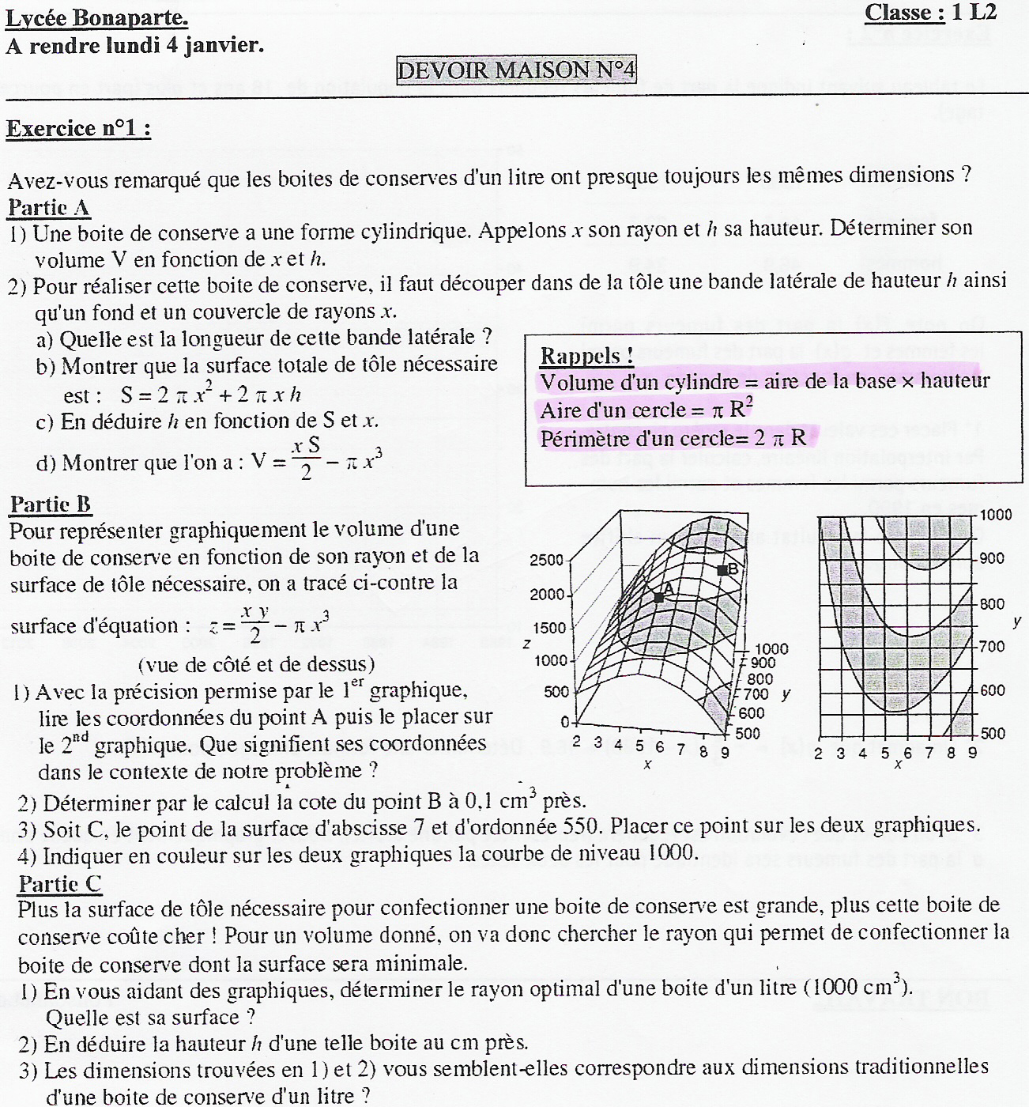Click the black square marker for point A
click(659, 598)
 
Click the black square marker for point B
click(722, 569)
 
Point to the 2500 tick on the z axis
click(547, 561)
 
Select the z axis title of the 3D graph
click(526, 644)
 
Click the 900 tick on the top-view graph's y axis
click(993, 558)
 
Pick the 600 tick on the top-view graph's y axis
click(993, 690)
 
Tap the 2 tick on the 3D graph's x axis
click(576, 741)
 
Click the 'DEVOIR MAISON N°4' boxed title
click(516, 70)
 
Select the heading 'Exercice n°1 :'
click(78, 128)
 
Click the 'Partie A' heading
click(49, 208)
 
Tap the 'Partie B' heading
click(50, 504)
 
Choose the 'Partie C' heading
click(60, 883)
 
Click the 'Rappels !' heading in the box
click(586, 356)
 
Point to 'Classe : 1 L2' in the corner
click(930, 13)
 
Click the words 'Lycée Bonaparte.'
click(96, 17)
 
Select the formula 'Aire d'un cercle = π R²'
click(647, 410)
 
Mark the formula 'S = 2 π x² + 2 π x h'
click(210, 394)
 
